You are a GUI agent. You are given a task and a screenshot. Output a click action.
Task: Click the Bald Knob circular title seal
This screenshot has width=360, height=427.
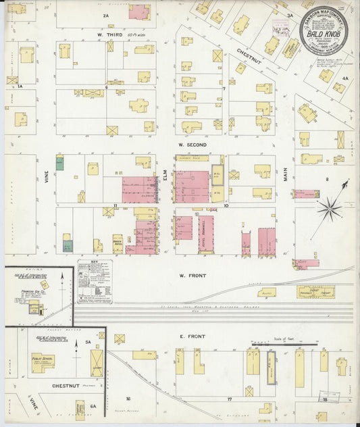click(x=328, y=31)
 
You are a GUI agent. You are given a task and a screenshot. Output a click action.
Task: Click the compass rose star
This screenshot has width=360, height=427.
click(x=330, y=209)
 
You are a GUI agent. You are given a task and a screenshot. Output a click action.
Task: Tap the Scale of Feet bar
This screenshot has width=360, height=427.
click(x=284, y=344)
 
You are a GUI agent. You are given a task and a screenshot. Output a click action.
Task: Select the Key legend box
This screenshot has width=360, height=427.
click(x=95, y=280)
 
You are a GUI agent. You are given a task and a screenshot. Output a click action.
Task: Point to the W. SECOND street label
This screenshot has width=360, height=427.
click(x=192, y=145)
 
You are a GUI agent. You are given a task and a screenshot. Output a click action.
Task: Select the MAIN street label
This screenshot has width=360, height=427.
click(x=286, y=175)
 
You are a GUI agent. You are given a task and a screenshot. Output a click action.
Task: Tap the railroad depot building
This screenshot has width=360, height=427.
click(x=315, y=292)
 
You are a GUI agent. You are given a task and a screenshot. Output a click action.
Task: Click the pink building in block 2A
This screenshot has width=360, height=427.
click(x=139, y=11)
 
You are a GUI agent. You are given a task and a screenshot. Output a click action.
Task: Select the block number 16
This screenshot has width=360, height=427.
click(x=127, y=399)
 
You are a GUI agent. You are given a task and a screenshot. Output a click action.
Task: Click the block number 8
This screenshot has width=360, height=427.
click(x=327, y=179)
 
